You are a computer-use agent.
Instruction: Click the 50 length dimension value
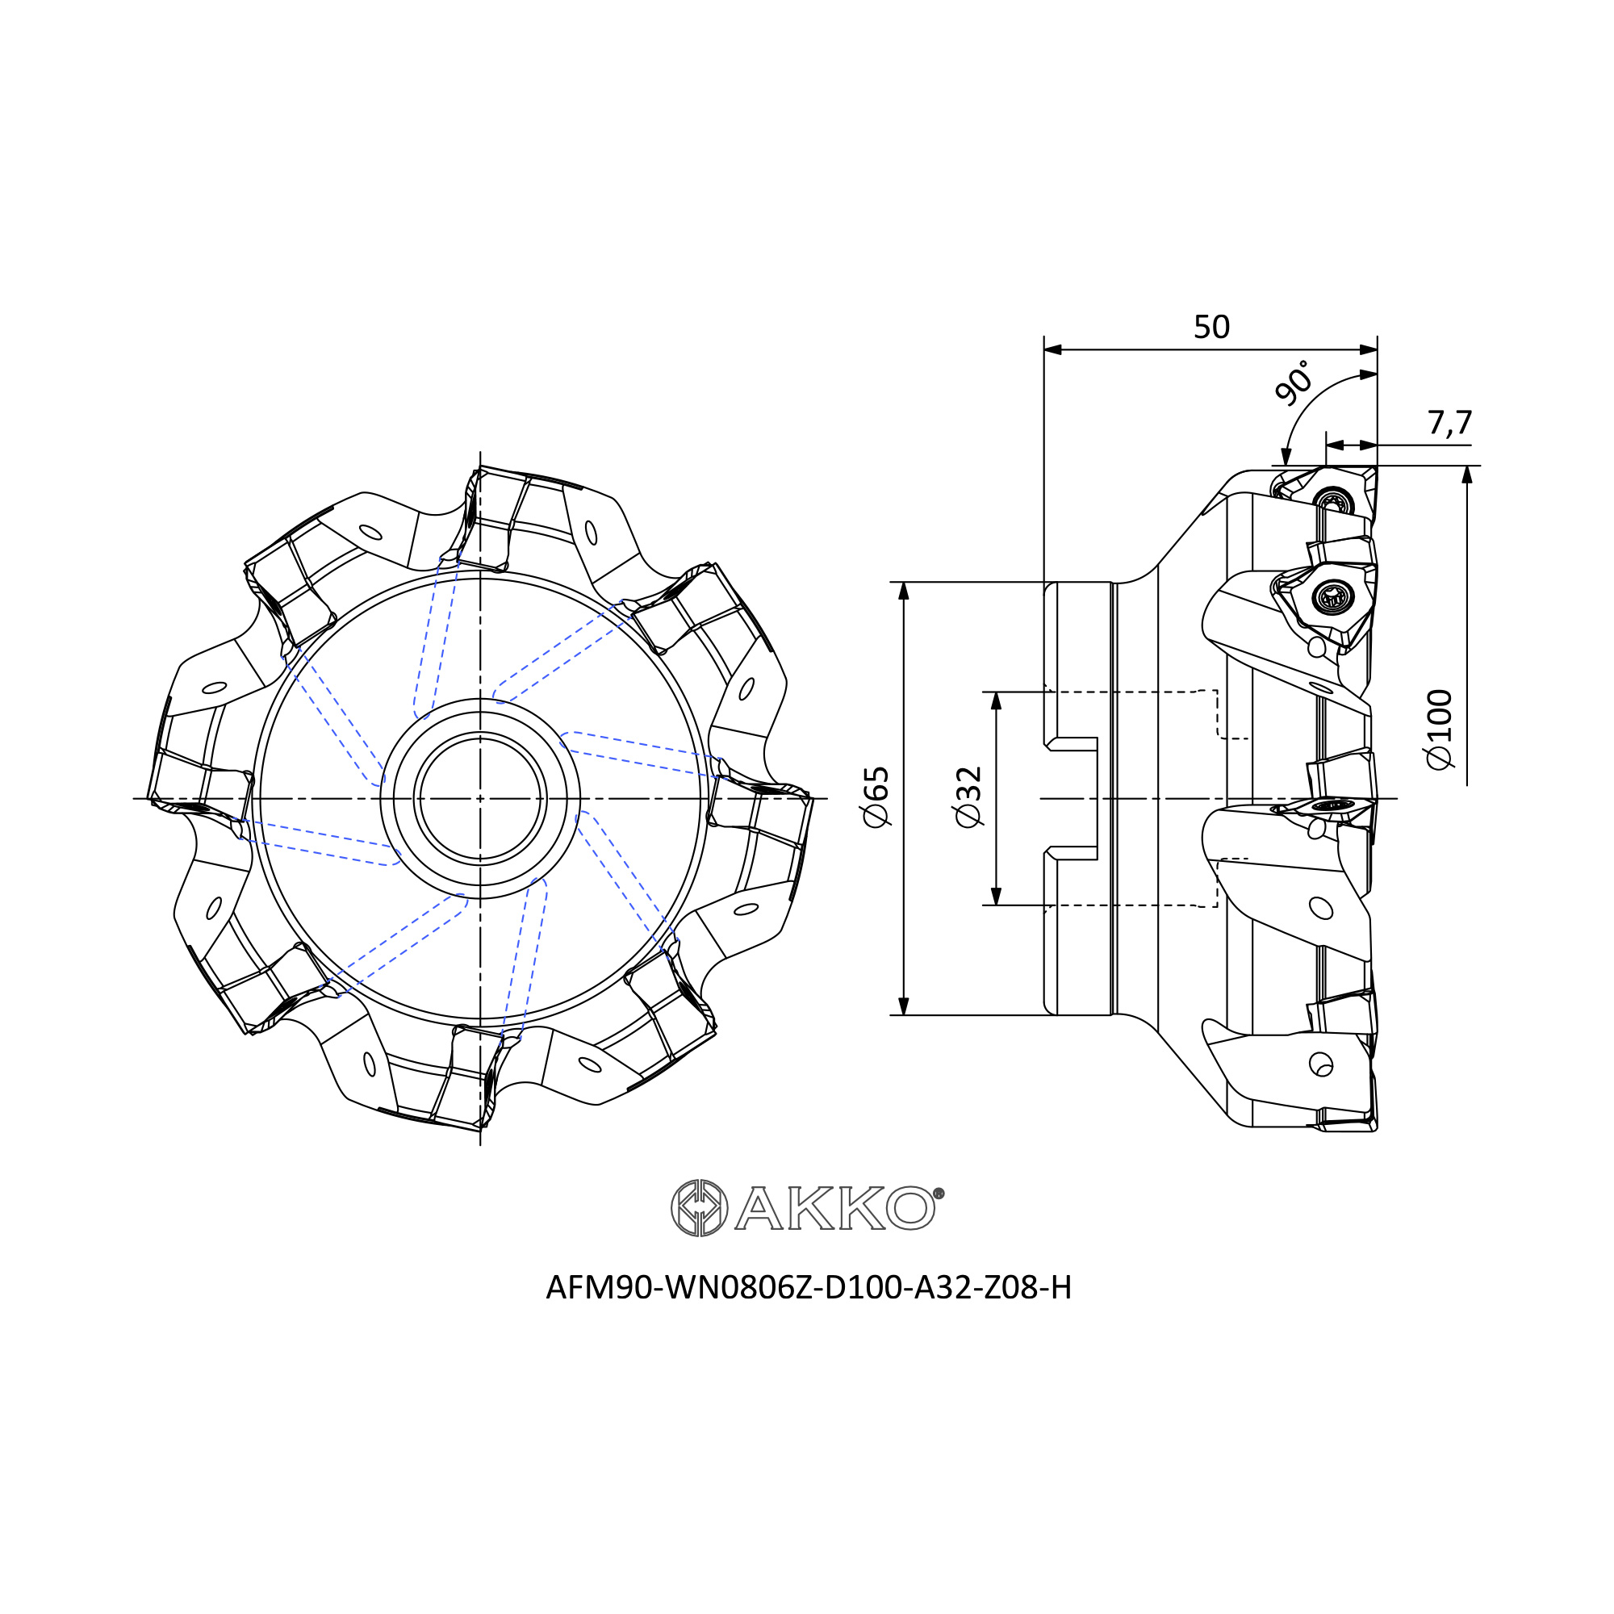[x=1211, y=327]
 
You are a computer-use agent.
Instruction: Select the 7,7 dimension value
[x=1449, y=424]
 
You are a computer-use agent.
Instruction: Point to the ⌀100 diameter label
[x=1440, y=730]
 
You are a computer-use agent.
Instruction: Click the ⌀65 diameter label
[x=876, y=797]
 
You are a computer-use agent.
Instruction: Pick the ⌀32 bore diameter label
[x=969, y=797]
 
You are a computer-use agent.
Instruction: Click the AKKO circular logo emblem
[x=699, y=1208]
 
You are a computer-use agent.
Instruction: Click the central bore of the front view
[x=480, y=799]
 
